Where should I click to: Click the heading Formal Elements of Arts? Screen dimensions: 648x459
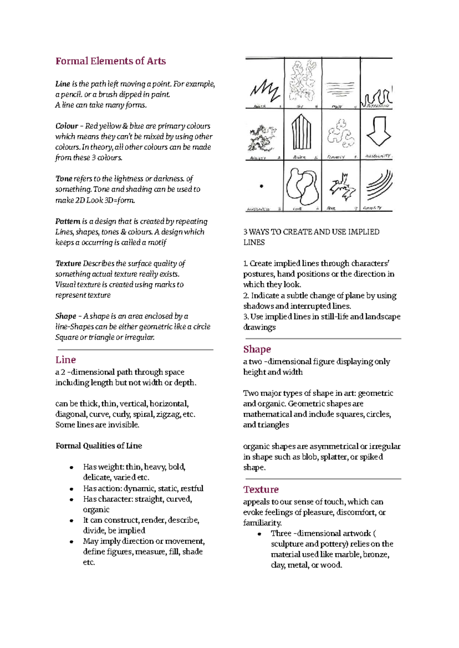pos(111,61)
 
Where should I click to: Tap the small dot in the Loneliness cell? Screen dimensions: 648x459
pos(262,186)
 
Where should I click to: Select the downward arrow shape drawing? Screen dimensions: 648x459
pos(379,131)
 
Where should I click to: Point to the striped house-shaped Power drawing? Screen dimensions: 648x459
pos(302,132)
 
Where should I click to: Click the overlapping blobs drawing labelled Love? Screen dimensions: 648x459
pos(302,187)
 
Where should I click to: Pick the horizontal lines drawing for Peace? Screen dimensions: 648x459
pos(341,89)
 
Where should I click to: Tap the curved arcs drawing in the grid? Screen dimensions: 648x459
pos(379,185)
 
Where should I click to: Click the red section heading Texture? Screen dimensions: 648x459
pos(261,490)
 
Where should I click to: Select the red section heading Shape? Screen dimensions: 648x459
pos(257,349)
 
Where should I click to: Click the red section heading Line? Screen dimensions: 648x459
pos(65,360)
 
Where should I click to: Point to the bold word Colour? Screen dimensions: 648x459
pos(67,126)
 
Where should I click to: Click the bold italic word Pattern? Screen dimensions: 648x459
pos(68,221)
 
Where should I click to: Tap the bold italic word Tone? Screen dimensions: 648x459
pos(63,179)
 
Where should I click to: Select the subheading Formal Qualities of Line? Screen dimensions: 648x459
pos(99,446)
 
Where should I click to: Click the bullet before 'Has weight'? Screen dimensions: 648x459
pos(72,467)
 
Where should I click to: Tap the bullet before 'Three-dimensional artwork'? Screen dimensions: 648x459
pos(259,534)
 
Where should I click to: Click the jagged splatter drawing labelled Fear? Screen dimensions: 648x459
pos(342,186)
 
